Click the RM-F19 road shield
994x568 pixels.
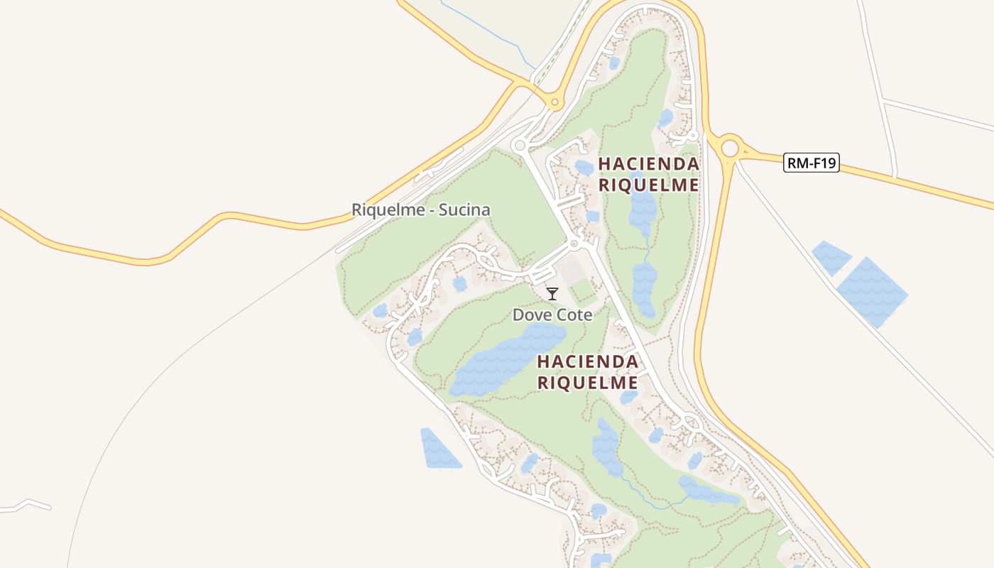[812, 163]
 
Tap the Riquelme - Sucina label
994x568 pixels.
[421, 210]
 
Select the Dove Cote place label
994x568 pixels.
[552, 315]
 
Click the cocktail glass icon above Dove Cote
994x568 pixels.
[552, 293]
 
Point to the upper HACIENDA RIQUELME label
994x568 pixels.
[648, 174]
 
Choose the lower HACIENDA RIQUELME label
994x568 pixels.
[587, 372]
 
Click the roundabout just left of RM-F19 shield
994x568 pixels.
[729, 149]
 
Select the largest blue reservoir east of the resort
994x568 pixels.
[872, 291]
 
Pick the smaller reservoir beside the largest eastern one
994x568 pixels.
[831, 256]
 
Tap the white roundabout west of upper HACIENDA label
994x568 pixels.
[520, 146]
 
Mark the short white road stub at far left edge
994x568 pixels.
[28, 505]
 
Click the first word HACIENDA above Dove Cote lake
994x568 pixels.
[587, 361]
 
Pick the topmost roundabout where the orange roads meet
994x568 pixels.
[555, 104]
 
